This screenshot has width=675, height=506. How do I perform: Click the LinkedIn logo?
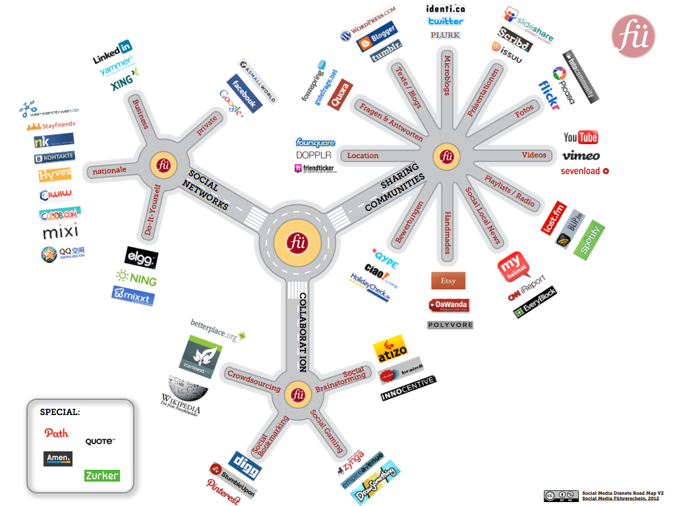click(x=112, y=52)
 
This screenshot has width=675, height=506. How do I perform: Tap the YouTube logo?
click(x=581, y=137)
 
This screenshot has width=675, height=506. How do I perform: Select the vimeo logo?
click(x=581, y=155)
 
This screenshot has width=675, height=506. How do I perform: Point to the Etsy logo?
click(x=448, y=281)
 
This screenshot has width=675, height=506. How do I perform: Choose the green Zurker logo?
click(x=102, y=475)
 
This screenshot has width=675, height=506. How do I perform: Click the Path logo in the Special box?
click(x=57, y=433)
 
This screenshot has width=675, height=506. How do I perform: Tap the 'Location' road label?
click(x=363, y=155)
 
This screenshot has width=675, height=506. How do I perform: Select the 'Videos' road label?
click(x=534, y=155)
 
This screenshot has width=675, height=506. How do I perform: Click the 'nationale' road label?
click(x=109, y=171)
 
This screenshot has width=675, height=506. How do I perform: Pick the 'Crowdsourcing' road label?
click(x=254, y=381)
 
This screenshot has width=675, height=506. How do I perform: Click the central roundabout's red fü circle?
click(x=297, y=241)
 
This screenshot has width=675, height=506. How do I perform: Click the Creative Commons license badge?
click(x=560, y=495)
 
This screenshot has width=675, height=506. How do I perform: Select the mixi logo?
click(x=60, y=233)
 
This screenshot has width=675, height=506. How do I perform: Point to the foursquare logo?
click(x=316, y=142)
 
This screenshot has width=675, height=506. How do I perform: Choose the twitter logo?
click(x=446, y=22)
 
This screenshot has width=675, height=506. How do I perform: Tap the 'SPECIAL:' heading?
click(x=60, y=412)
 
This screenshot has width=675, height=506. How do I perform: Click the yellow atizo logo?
click(x=391, y=351)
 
